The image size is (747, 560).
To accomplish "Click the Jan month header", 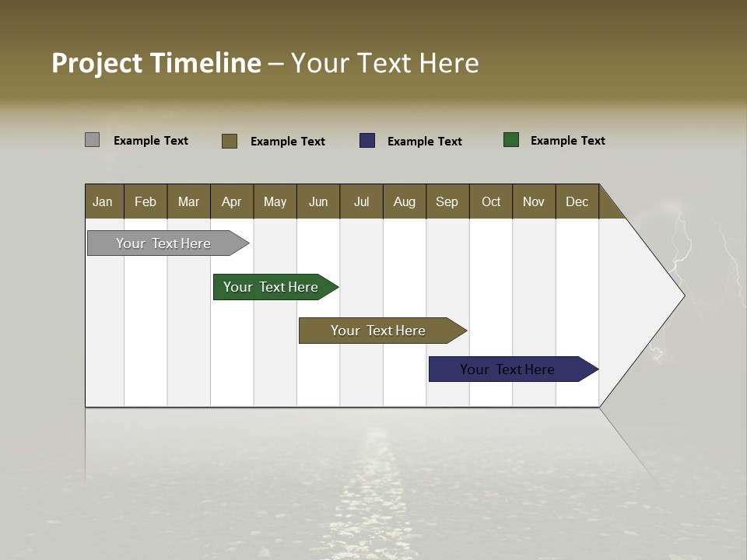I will (103, 201).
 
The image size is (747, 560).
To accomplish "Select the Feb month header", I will (146, 201).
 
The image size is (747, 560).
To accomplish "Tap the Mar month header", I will (188, 201).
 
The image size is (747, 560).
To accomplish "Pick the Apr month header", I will (232, 201).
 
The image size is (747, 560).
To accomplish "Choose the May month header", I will (275, 201).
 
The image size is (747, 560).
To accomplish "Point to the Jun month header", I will (318, 201).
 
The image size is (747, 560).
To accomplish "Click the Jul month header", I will (361, 201).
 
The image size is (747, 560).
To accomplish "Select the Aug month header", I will (405, 201).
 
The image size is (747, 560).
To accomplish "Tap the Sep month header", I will (447, 201).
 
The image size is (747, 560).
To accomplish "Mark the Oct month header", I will (491, 201).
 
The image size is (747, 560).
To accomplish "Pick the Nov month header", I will (534, 201).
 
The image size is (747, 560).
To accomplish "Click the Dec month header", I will (577, 201).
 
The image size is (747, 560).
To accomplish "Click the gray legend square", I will (92, 140).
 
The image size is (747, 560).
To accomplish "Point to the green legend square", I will (511, 140).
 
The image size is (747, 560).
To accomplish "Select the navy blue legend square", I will (367, 141).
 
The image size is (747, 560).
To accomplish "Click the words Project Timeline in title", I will (156, 63).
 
